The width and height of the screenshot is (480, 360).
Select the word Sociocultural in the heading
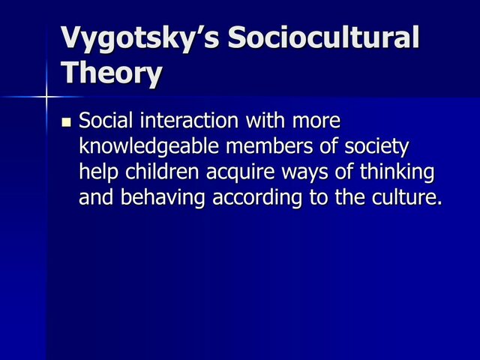click(323, 38)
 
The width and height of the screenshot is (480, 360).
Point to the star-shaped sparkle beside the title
click(46, 97)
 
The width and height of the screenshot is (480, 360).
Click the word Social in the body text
click(105, 120)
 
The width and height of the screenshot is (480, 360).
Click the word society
click(379, 146)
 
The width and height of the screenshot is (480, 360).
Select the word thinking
click(397, 172)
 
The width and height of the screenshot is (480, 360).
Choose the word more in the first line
click(315, 120)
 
